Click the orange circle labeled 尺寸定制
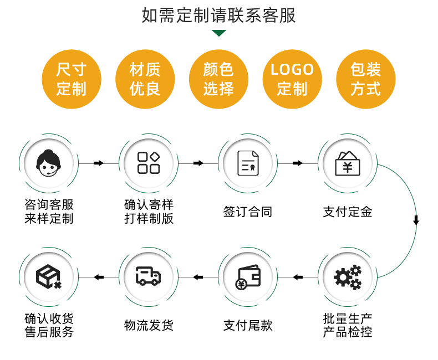(x=72, y=79)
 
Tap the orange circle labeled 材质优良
(x=145, y=79)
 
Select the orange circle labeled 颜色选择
(x=218, y=79)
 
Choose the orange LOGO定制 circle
(x=292, y=79)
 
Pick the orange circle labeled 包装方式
(x=366, y=79)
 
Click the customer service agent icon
(x=49, y=163)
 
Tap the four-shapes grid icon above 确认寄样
(x=149, y=163)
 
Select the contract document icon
(x=248, y=163)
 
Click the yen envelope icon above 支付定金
(x=348, y=163)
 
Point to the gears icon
(x=348, y=277)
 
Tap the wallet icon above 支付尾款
(x=248, y=277)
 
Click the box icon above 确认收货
(x=49, y=276)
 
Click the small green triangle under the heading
(x=219, y=33)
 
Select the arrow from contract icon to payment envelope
(x=298, y=163)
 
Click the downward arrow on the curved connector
(x=416, y=220)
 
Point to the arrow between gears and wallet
(x=298, y=277)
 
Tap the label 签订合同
(x=248, y=212)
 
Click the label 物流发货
(x=149, y=325)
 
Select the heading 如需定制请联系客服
(x=219, y=15)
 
